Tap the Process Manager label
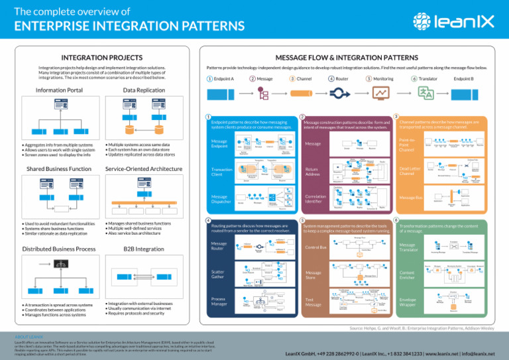pos(220,303)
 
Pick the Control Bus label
pos(315,247)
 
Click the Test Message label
pos(314,303)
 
